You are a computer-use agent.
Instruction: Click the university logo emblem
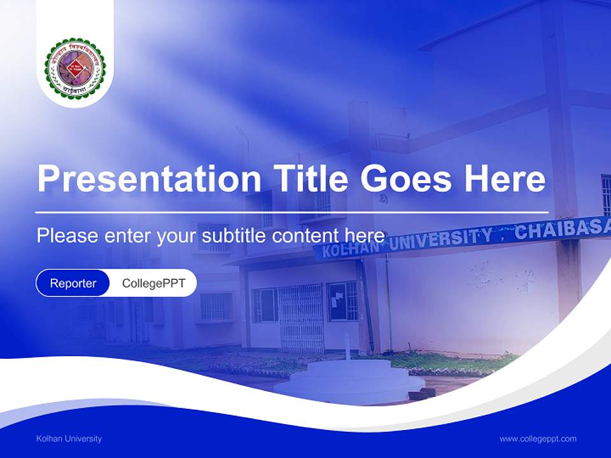75,68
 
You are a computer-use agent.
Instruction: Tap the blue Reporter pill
73,283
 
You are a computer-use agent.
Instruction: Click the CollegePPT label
153,283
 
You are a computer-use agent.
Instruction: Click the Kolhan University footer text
69,438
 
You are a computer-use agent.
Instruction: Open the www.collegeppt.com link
538,438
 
